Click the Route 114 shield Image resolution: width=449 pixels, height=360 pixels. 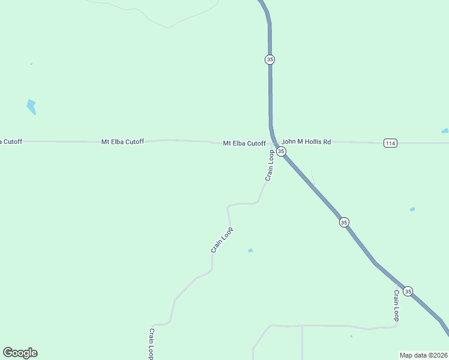pos(391,143)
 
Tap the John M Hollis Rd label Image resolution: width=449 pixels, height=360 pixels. pos(306,142)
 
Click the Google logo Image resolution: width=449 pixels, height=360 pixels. pos(20,353)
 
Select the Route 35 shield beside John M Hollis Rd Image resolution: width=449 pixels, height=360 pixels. pos(281,151)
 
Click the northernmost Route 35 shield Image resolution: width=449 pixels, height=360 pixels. pos(270,59)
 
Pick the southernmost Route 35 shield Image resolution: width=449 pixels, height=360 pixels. pos(408,291)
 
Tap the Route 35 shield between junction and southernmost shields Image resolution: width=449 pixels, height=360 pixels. pos(343,222)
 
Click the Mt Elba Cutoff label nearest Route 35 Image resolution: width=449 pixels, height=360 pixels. pos(244,143)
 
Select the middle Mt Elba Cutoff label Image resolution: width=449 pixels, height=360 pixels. pos(122,142)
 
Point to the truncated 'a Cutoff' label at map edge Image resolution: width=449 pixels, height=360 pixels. pos(11,142)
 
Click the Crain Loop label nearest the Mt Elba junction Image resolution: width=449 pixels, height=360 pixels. pos(270,165)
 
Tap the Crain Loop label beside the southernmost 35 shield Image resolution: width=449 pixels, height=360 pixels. pos(396,306)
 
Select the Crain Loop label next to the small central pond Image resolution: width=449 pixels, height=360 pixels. pos(221,239)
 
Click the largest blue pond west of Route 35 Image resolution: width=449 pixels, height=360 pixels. pos(31,107)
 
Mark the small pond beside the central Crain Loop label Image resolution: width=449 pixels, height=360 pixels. pos(250,250)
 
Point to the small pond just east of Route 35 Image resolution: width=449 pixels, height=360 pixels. pos(412,209)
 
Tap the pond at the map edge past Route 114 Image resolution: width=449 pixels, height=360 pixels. pos(445,131)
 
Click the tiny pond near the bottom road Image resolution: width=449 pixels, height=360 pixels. pos(351,337)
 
